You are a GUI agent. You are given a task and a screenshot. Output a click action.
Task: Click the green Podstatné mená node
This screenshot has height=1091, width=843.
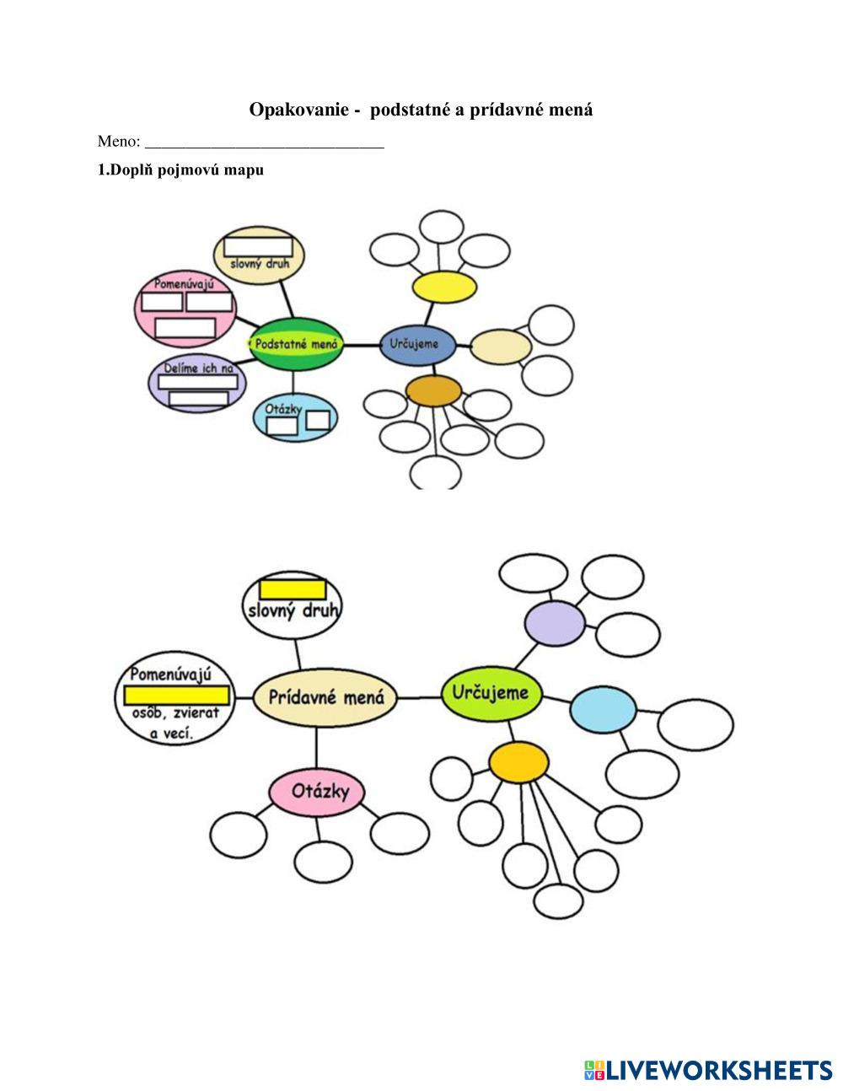[296, 344]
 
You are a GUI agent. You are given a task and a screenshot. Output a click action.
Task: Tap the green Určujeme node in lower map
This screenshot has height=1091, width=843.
[490, 693]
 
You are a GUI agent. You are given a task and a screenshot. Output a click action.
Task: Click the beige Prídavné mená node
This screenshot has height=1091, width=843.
[325, 697]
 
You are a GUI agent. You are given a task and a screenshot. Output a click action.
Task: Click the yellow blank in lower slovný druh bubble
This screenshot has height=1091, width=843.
[292, 588]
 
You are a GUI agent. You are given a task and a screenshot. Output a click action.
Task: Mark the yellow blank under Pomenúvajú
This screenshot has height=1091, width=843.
[177, 696]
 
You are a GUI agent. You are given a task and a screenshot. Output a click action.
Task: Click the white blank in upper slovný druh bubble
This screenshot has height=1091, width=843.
[258, 246]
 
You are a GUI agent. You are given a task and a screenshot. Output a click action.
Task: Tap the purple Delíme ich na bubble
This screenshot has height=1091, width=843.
[194, 383]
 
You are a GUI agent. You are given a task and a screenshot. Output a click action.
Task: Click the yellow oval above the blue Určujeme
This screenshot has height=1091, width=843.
[444, 286]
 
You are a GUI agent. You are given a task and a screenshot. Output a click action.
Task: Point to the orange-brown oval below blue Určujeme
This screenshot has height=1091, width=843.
[434, 391]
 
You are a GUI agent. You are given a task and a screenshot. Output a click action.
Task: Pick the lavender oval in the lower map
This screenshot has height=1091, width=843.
[554, 624]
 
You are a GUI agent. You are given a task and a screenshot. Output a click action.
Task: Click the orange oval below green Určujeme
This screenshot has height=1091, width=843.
[518, 762]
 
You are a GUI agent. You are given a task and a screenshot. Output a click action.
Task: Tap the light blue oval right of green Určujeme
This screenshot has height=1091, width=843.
[603, 710]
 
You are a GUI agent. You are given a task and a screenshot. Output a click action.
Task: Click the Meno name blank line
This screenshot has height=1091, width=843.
[265, 142]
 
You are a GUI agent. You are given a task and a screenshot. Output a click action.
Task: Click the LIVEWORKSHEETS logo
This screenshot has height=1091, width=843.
[707, 1070]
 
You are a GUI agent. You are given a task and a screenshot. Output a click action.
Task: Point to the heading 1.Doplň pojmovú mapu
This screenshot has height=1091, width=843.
[181, 170]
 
